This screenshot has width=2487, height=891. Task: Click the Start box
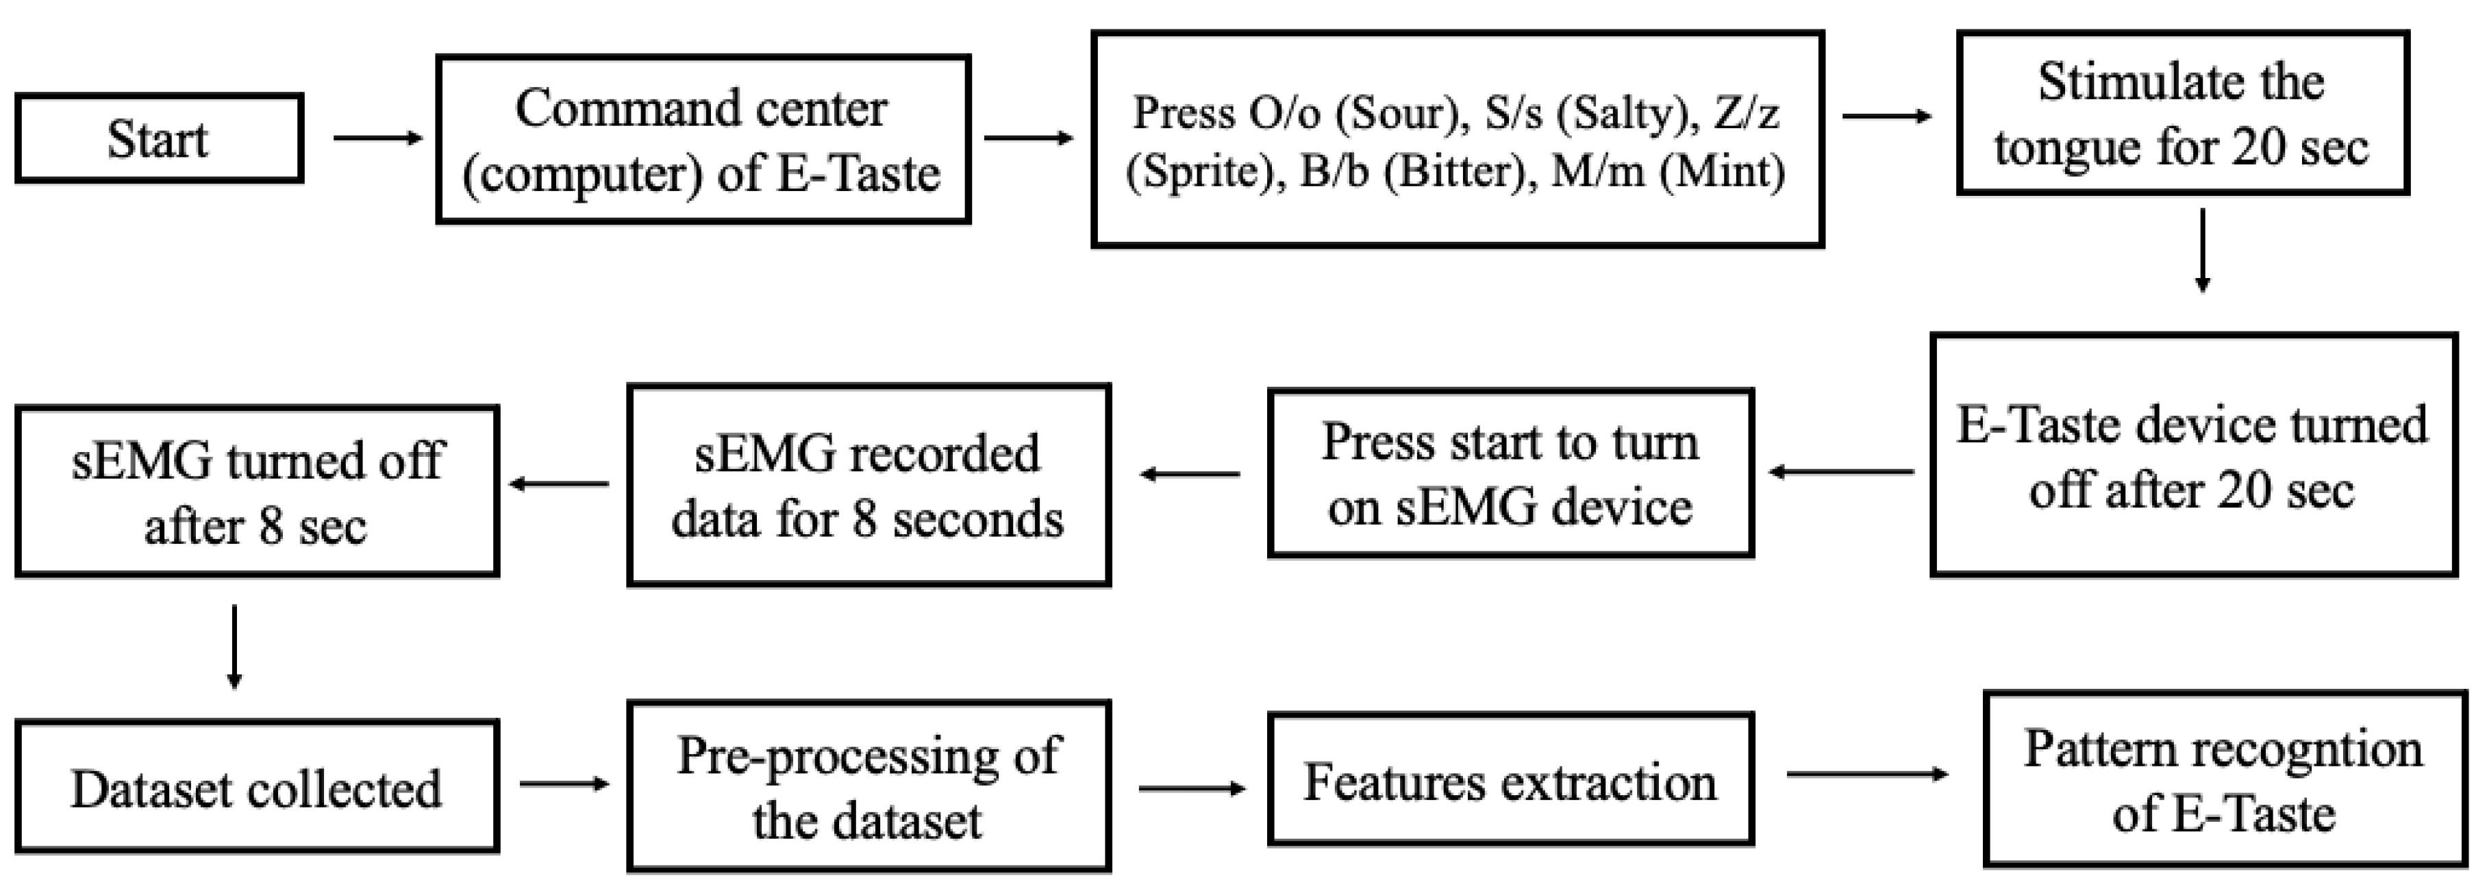(160, 138)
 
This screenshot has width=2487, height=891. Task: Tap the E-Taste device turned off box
(2192, 455)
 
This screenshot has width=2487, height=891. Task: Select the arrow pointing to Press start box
(1840, 472)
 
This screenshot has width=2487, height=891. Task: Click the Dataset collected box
(257, 787)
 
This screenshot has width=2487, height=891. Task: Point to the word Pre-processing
(838, 756)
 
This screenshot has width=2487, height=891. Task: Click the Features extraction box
(1510, 780)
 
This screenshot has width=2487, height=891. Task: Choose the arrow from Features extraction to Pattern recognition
(1866, 773)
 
